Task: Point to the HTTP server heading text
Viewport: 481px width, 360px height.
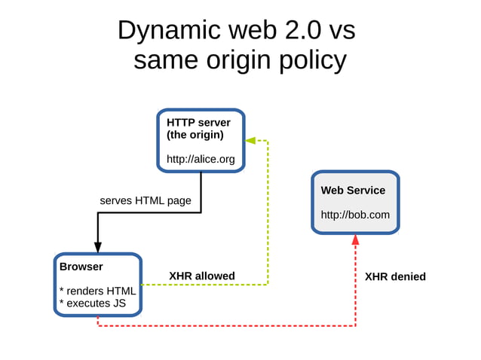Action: [x=198, y=122]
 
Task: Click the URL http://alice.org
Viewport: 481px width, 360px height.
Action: [x=201, y=159]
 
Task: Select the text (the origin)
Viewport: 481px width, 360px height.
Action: [x=195, y=135]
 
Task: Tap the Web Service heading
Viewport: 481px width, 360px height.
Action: [x=353, y=191]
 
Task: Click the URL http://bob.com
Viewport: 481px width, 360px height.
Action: [x=355, y=215]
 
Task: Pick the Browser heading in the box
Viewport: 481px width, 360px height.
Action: [x=81, y=267]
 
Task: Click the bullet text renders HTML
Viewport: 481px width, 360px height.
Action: [x=97, y=291]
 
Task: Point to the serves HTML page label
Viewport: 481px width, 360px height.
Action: [x=146, y=200]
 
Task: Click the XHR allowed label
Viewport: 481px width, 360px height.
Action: [x=202, y=276]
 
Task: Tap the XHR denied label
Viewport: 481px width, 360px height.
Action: [x=395, y=276]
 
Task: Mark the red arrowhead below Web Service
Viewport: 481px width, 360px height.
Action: [x=355, y=240]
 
